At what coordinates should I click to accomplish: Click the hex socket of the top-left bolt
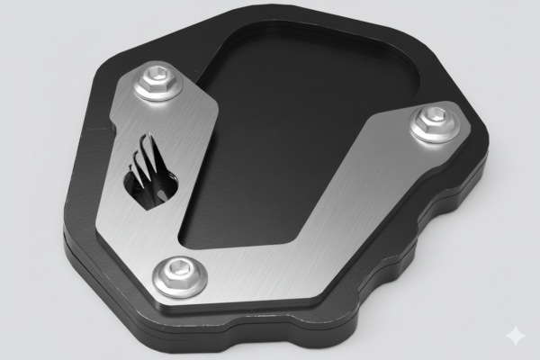[x=160, y=76]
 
